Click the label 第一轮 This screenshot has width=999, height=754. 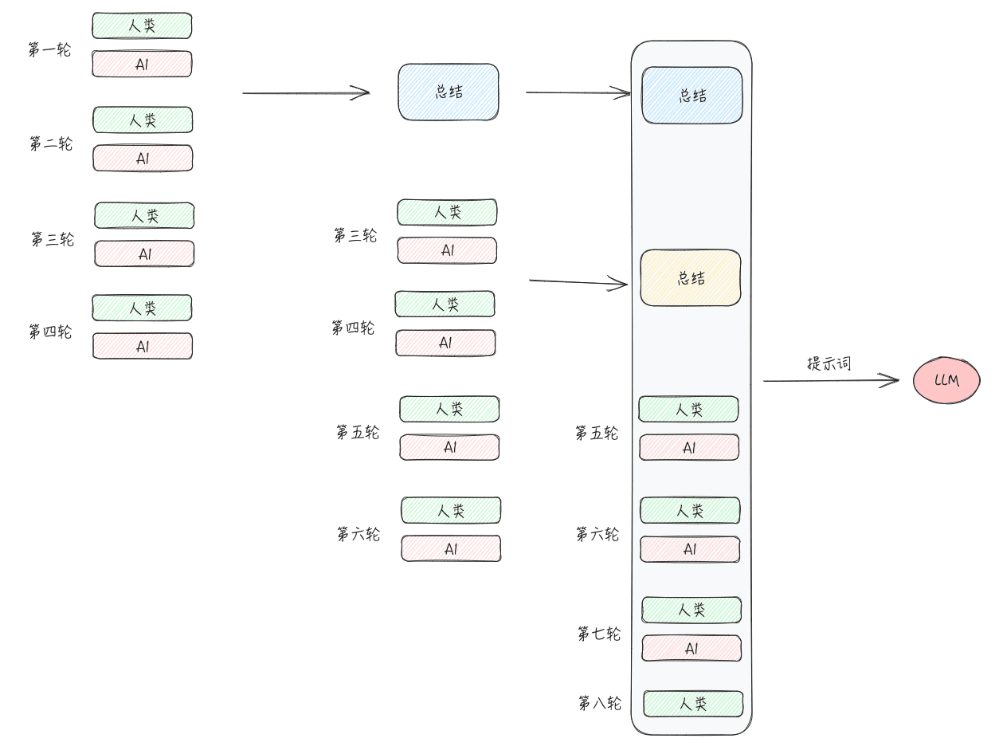49,49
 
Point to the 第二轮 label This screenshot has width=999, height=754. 51,143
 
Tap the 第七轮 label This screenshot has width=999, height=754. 599,634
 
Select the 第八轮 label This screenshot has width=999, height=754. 600,703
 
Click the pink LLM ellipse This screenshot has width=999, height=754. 946,380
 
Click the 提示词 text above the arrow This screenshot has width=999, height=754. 829,363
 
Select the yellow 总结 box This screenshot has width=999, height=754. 691,277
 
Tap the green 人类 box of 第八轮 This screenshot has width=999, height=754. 693,704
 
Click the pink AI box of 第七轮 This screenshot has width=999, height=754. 691,648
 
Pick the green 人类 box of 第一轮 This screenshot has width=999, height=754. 142,26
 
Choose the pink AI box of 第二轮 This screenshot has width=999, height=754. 143,158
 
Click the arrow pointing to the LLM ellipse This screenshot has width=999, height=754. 831,380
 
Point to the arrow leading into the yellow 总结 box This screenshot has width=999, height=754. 578,283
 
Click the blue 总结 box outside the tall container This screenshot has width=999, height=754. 449,92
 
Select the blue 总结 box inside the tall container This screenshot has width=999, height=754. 692,95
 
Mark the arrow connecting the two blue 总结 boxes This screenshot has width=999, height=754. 578,92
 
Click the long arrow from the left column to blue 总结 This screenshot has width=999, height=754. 306,93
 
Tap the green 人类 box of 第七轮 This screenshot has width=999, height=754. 691,610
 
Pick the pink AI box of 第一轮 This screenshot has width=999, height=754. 142,64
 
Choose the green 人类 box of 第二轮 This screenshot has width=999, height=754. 143,120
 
